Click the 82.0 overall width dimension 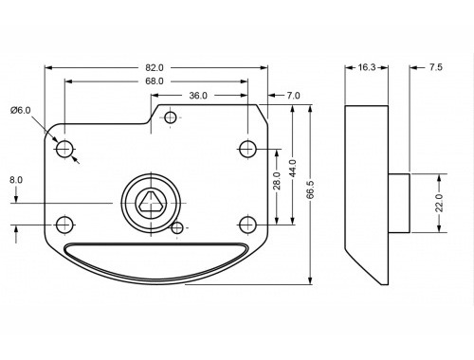pos(155,67)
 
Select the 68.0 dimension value pos(155,81)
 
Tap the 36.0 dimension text pos(198,96)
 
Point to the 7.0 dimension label pos(294,96)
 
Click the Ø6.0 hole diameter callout pos(21,111)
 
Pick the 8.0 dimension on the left pos(16,180)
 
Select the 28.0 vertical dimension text pos(277,181)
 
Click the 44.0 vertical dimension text pos(293,169)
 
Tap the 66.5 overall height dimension pos(310,189)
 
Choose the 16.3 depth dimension pos(367,67)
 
